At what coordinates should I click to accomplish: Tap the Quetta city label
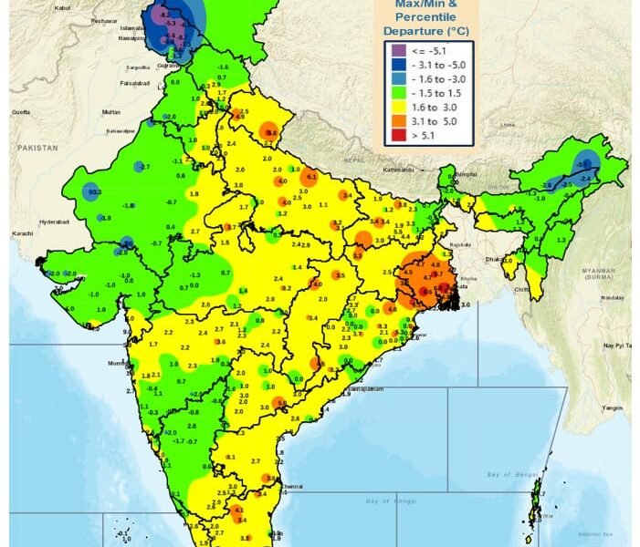point(19,111)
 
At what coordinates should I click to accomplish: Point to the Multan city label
point(110,111)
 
